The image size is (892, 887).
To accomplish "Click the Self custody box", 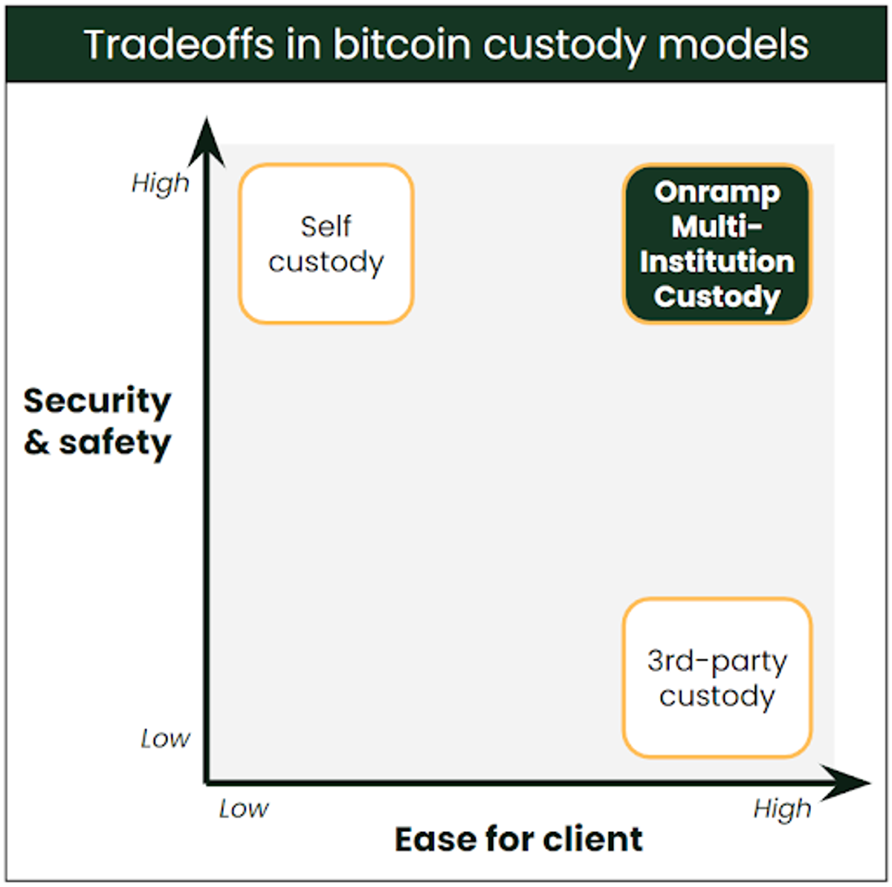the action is tap(326, 244).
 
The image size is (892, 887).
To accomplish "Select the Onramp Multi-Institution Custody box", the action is tap(717, 244).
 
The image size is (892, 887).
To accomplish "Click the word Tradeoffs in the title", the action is tap(179, 45).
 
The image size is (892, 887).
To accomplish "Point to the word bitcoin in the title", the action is tap(402, 45).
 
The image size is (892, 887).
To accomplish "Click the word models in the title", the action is tap(734, 45).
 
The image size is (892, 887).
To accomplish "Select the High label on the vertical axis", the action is tap(161, 184).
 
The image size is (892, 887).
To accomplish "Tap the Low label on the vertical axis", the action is tap(166, 738).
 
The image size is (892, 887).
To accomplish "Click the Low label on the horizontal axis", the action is tap(244, 809).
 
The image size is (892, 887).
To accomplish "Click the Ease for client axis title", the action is tap(518, 839).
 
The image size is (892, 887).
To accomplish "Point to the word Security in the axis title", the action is tap(97, 401).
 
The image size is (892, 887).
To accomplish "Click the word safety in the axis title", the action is tap(115, 443).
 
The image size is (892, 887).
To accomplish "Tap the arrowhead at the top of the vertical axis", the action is tap(207, 141).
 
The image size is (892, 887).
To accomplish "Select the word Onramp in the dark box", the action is tap(717, 193).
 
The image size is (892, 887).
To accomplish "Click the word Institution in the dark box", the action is tap(717, 262).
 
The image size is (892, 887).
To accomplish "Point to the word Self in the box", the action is tap(326, 227).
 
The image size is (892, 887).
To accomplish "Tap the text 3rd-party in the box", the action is tap(717, 662).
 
